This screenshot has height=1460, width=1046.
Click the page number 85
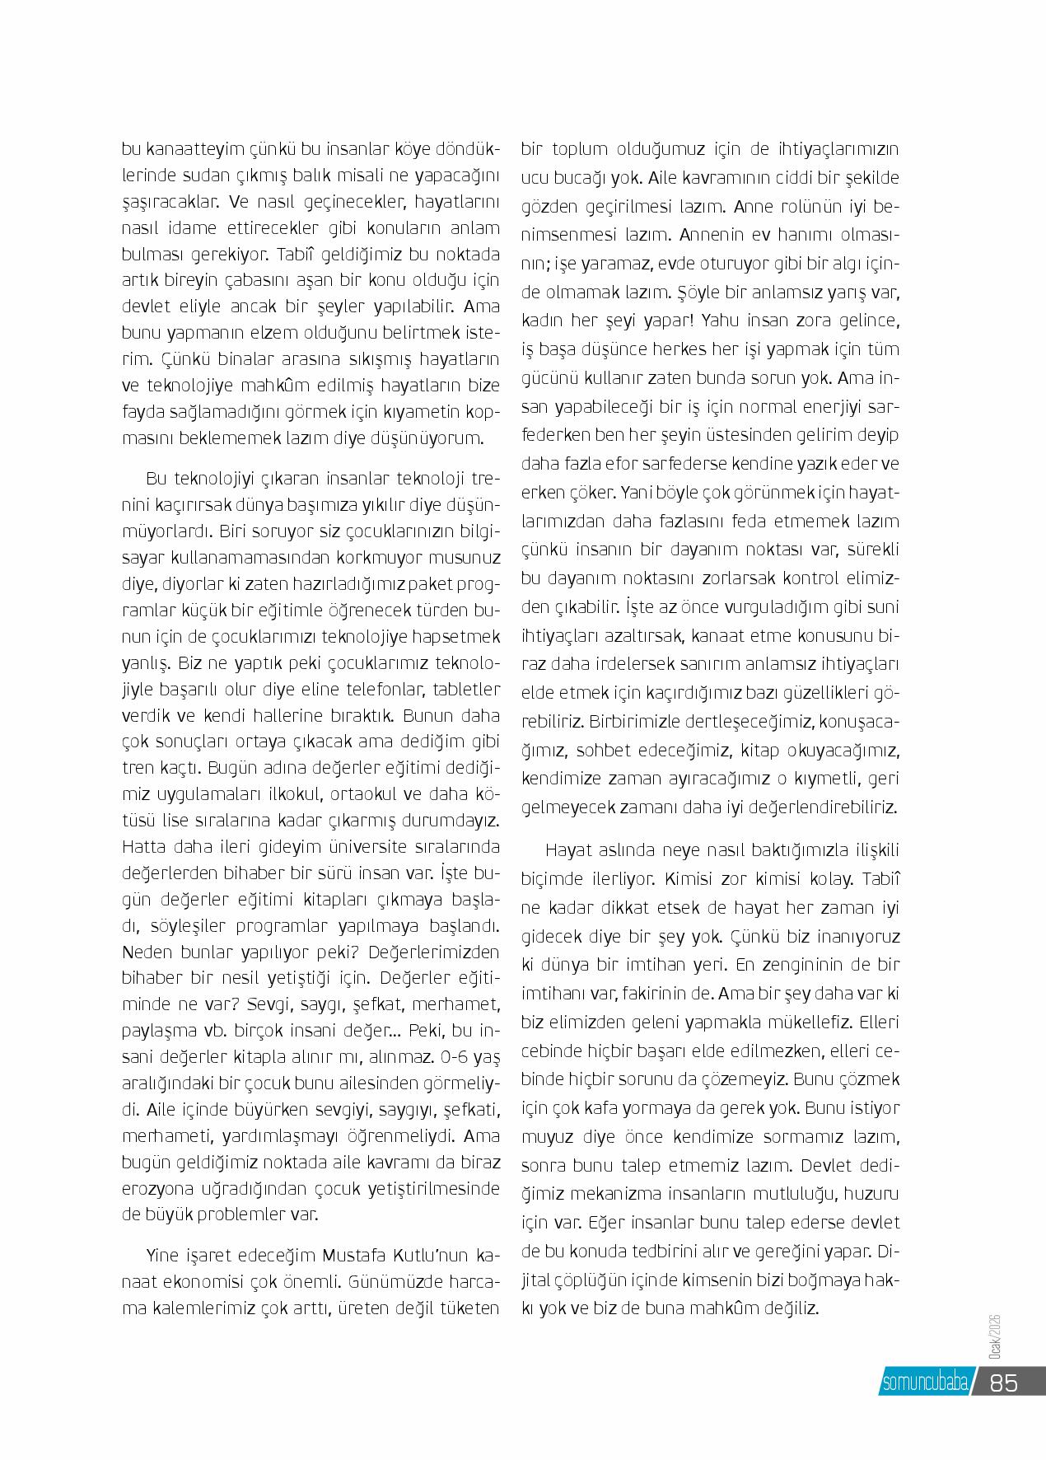pos(1004,1382)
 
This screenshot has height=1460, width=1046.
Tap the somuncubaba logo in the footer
pos(925,1383)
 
